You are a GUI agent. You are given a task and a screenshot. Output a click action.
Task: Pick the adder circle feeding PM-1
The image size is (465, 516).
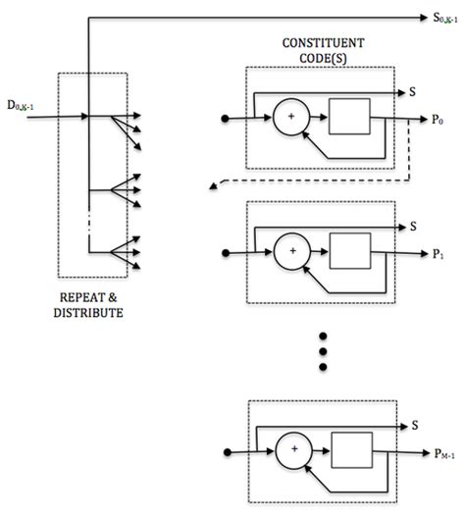pos(291,451)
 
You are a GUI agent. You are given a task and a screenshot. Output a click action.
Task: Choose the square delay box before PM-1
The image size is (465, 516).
pos(347,451)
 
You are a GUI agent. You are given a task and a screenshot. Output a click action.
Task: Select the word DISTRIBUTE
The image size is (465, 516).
pos(92,312)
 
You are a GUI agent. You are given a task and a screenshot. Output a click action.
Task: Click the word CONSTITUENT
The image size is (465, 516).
pos(320,42)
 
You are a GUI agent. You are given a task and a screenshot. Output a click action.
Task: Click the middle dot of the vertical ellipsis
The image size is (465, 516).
pos(320,347)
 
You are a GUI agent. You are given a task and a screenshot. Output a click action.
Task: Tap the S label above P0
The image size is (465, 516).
pos(413,90)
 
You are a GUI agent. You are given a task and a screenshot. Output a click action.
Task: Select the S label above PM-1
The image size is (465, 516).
pos(413,425)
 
